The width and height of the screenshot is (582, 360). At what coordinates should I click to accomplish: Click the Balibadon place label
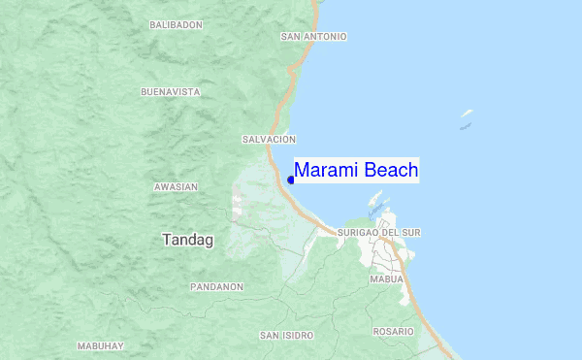(x=177, y=23)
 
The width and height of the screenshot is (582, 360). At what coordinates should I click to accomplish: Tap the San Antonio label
(x=313, y=37)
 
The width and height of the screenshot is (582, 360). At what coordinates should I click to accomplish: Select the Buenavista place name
(x=170, y=92)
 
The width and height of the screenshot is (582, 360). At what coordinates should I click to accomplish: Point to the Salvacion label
(x=269, y=140)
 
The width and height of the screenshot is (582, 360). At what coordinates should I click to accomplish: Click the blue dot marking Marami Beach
(x=291, y=180)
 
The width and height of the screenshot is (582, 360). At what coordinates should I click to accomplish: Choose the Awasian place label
(x=176, y=186)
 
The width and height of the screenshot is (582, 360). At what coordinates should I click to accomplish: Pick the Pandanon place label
(x=216, y=287)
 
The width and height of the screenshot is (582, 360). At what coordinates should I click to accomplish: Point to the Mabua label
(x=386, y=279)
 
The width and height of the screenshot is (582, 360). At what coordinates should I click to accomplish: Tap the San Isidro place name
(x=286, y=335)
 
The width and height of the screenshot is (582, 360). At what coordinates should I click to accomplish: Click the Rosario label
(x=393, y=332)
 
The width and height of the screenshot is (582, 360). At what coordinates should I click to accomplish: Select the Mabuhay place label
(x=101, y=346)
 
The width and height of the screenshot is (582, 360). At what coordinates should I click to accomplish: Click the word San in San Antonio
(x=290, y=37)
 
